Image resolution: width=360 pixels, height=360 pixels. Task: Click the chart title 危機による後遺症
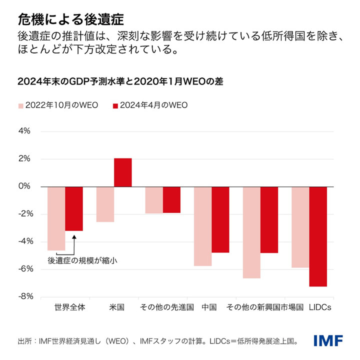pos(70,19)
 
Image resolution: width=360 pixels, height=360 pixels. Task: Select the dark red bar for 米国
pos(123,172)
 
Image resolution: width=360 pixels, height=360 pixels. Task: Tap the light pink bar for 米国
pos(105,204)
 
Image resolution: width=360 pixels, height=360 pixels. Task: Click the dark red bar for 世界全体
pos(74,208)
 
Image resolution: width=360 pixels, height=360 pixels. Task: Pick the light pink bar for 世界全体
pos(56,218)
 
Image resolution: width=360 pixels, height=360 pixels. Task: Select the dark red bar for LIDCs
pos(318,236)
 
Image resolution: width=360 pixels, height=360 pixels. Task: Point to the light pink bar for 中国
pos(202,226)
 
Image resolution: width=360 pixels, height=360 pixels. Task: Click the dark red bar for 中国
pos(220,219)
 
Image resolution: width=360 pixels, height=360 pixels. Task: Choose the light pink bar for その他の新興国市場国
pos(251,232)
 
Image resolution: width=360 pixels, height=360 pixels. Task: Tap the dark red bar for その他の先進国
pos(171,199)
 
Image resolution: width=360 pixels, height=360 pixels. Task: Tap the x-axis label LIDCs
pos(320,307)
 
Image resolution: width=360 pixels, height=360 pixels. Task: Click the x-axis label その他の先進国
pos(166,307)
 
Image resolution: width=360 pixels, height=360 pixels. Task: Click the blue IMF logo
pos(328,341)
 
